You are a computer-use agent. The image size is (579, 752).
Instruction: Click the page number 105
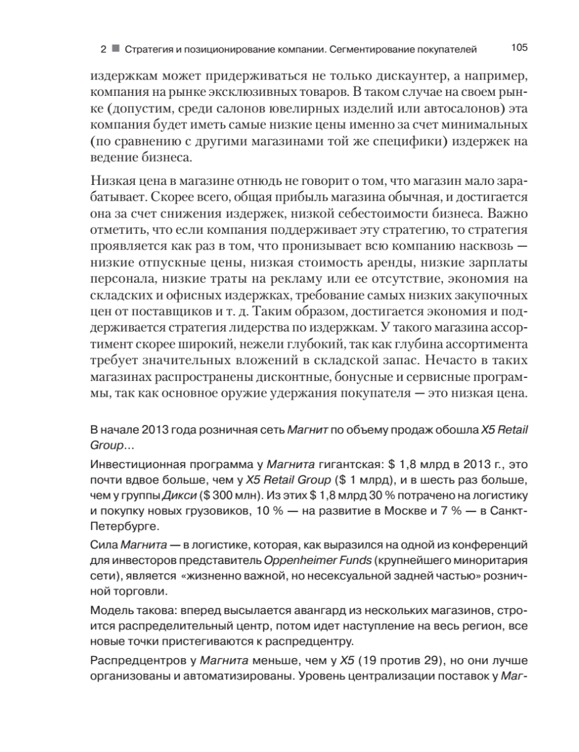click(x=520, y=48)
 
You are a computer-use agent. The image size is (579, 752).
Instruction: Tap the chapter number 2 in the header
click(x=103, y=49)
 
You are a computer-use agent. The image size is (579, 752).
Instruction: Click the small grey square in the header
click(x=115, y=49)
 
